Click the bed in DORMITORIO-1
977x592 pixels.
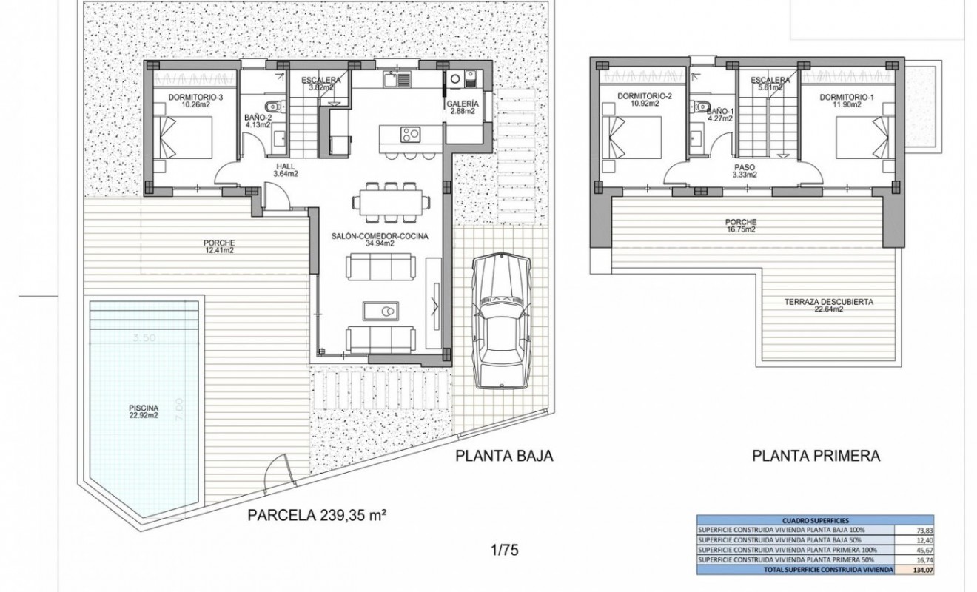(x=863, y=138)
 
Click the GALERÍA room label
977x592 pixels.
(x=463, y=107)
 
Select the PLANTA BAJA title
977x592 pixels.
(x=504, y=456)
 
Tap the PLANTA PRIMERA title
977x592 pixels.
(x=816, y=456)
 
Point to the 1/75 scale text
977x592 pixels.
(x=503, y=550)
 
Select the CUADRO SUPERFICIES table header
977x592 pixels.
(x=815, y=519)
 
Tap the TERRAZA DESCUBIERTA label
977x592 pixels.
(x=828, y=306)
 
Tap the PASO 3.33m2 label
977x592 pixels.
(x=743, y=171)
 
